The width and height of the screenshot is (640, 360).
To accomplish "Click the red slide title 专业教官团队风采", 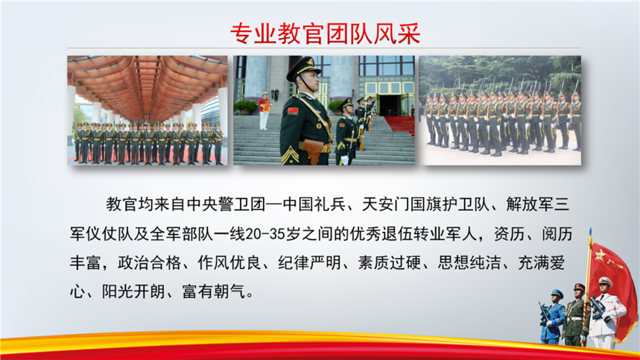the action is click(x=326, y=33).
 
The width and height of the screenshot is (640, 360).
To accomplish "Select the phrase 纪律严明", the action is click(x=309, y=263).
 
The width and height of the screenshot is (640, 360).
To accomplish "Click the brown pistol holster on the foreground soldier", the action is click(x=314, y=151).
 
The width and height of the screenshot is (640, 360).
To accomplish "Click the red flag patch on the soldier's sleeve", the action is click(x=293, y=111).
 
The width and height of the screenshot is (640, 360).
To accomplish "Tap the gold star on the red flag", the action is click(x=600, y=256).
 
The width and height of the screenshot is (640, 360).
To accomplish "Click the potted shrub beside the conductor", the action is click(x=245, y=107).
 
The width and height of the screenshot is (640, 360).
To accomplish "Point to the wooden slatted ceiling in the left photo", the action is click(x=148, y=83).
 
